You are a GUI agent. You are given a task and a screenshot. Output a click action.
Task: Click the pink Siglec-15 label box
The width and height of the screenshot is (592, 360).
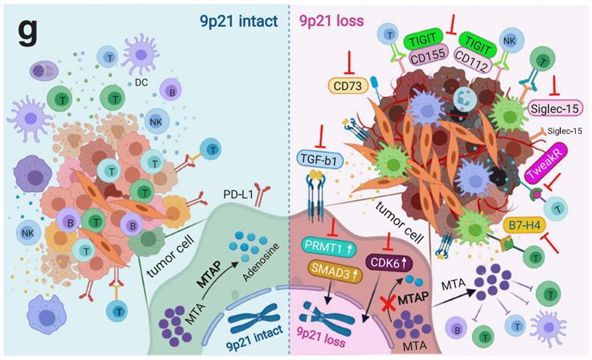(556, 107)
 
